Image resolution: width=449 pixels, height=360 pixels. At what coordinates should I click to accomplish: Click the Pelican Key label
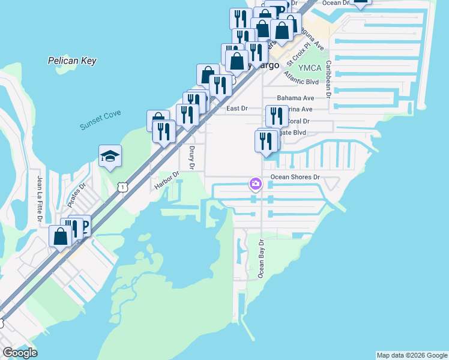click(x=72, y=61)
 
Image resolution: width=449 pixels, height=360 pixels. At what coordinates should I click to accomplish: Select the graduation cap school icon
click(x=110, y=157)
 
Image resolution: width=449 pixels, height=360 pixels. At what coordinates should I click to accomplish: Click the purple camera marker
click(x=256, y=183)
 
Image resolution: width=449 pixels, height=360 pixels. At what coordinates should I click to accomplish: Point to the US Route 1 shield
click(x=122, y=188)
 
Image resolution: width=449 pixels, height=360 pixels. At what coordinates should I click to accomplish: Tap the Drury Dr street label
click(x=192, y=157)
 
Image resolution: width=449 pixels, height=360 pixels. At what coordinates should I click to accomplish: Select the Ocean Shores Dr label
click(x=295, y=177)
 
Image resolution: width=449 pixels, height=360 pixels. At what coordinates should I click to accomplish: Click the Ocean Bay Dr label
click(x=261, y=259)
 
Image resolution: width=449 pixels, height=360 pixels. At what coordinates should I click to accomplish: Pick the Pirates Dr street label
click(x=78, y=193)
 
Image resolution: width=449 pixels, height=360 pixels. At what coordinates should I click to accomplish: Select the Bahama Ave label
click(x=295, y=98)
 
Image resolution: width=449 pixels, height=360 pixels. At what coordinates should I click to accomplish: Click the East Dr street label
click(x=237, y=109)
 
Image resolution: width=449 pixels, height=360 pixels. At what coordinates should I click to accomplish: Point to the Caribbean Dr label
click(x=328, y=78)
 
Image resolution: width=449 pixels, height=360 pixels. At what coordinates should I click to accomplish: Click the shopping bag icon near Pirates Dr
click(x=61, y=236)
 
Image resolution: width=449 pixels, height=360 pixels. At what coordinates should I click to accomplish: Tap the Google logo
click(x=19, y=353)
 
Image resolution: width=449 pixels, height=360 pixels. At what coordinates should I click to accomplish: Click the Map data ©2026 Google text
click(x=411, y=355)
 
